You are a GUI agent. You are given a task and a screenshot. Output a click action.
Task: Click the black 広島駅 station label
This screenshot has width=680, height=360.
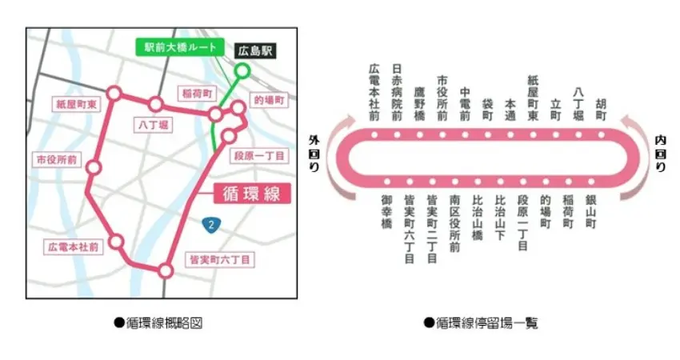click(254, 50)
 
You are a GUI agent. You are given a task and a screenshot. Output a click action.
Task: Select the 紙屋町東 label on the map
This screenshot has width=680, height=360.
click(75, 104)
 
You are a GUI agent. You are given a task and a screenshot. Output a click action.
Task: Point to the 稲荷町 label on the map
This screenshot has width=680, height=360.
click(196, 94)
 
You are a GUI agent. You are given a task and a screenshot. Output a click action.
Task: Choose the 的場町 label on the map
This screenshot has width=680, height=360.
click(270, 101)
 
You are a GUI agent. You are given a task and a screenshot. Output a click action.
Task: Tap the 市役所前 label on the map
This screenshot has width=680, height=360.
click(53, 159)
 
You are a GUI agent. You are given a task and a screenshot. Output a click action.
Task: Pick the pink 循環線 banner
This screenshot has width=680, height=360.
click(251, 194)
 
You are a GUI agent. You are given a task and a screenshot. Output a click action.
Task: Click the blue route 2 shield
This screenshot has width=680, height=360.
click(210, 225)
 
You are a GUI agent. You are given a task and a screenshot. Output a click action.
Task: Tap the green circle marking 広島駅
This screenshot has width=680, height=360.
click(242, 71)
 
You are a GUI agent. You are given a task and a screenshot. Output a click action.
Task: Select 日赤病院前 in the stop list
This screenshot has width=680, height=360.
click(397, 94)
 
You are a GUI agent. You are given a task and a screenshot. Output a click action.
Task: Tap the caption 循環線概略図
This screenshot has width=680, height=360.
click(157, 323)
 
